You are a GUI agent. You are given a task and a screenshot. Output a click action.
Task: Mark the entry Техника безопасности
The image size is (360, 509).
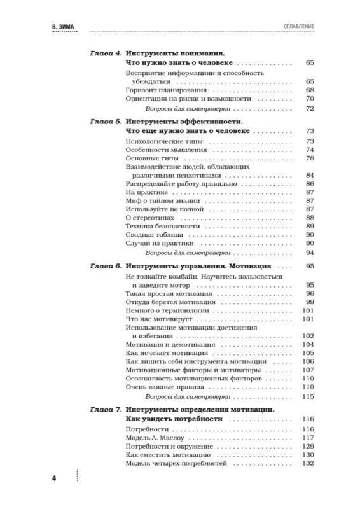tap(158, 226)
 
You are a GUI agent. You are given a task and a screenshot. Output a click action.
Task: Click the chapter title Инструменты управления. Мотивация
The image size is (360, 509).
tap(199, 265)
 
